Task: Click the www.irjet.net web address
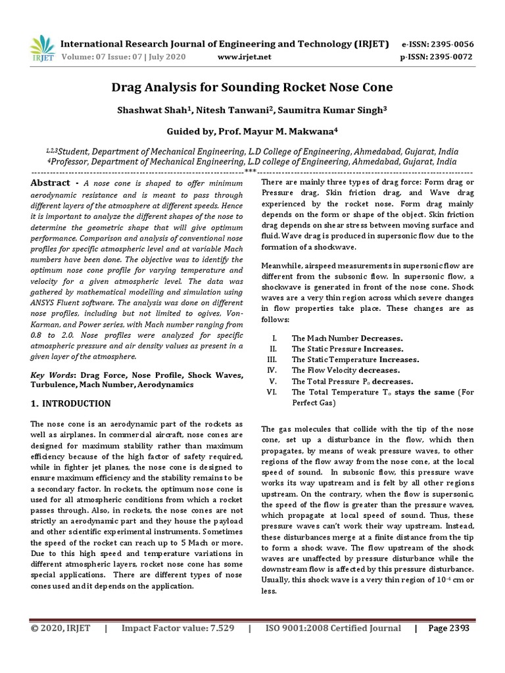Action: coord(244,57)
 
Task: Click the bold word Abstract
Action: coord(51,183)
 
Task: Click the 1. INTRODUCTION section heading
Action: coord(72,403)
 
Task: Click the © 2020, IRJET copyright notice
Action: coord(60,628)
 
